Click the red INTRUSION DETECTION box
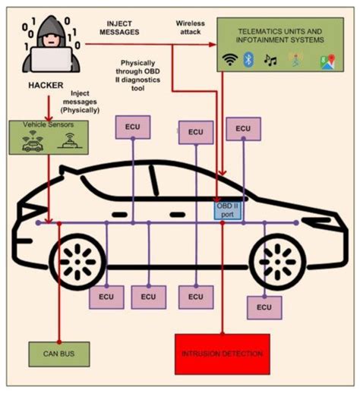222,354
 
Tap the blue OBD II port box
227,209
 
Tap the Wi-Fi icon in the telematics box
227,58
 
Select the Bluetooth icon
247,58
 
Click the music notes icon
268,58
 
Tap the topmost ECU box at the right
242,129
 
